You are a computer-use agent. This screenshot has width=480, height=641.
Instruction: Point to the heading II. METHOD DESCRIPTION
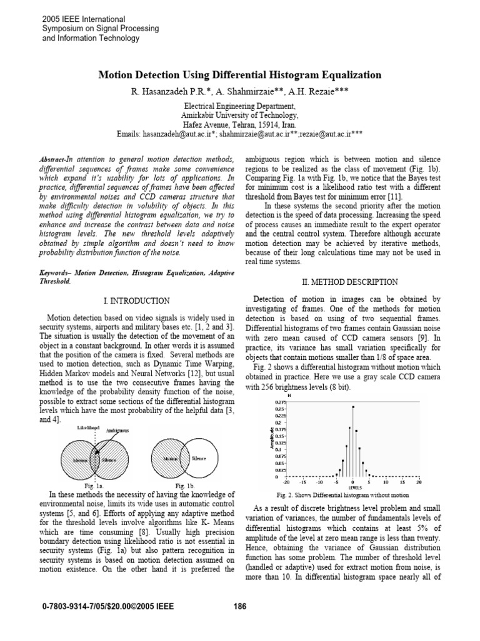[x=353, y=282]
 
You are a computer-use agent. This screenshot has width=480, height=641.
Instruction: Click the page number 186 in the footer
[x=240, y=606]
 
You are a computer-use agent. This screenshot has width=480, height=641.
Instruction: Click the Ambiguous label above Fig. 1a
[x=118, y=431]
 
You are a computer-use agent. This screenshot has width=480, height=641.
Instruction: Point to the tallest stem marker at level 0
[x=353, y=406]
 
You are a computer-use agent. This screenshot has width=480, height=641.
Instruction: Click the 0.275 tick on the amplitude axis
[x=281, y=403]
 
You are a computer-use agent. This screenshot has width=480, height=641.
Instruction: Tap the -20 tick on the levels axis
[x=286, y=483]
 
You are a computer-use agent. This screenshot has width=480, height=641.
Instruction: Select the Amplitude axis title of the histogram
[x=270, y=438]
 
